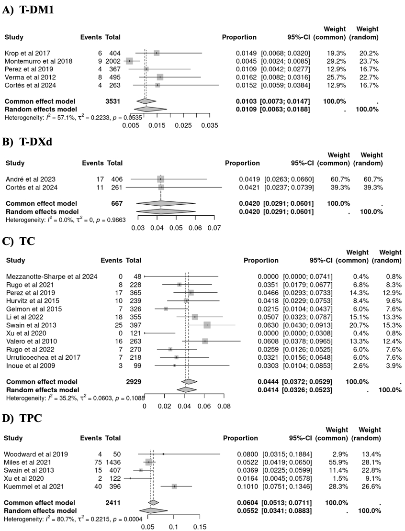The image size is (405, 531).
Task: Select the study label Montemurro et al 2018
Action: [38, 61]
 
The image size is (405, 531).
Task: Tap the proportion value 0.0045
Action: [245, 61]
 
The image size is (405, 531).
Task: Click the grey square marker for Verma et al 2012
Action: [160, 77]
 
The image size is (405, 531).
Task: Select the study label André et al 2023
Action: [29, 179]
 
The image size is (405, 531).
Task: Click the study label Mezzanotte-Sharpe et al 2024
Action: [52, 277]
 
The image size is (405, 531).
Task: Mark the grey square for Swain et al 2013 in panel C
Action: [207, 325]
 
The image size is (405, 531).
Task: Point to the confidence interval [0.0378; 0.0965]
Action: [308, 341]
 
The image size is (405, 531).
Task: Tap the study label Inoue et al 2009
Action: [31, 365]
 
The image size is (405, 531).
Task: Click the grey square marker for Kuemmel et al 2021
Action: [174, 487]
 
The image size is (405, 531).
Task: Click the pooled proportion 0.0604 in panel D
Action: [247, 503]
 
